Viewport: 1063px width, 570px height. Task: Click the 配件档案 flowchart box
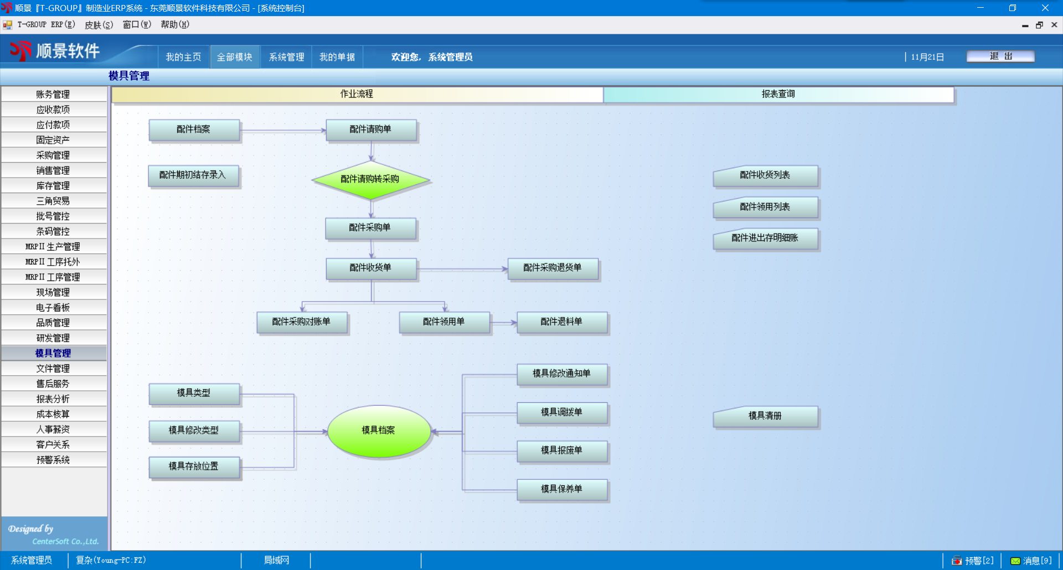(x=194, y=129)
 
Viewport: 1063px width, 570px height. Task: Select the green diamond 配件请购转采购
(x=370, y=179)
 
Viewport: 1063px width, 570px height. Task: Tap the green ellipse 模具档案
(x=379, y=431)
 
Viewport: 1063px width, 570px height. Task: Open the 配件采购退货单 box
(x=553, y=268)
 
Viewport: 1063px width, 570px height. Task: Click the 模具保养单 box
(x=562, y=489)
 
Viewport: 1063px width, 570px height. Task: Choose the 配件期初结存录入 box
(x=193, y=175)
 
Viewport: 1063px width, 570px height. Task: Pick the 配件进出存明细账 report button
(x=765, y=239)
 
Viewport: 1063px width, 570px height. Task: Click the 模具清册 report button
(x=765, y=416)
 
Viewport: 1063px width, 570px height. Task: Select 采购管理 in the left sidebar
(x=53, y=156)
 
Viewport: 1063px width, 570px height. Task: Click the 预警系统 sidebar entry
(x=53, y=460)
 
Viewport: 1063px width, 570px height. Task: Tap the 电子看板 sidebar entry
(x=53, y=308)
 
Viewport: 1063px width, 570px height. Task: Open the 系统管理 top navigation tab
(x=286, y=58)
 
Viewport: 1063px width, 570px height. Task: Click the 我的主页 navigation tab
(x=183, y=58)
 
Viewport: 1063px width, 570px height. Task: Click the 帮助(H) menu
(x=175, y=25)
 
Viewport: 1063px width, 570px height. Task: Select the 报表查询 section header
(x=778, y=95)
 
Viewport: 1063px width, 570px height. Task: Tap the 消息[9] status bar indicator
(x=1031, y=561)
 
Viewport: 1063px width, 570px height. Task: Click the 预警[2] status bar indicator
(x=973, y=561)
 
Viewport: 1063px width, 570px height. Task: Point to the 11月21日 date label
(x=927, y=58)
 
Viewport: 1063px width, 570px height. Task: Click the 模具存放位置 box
(x=194, y=467)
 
